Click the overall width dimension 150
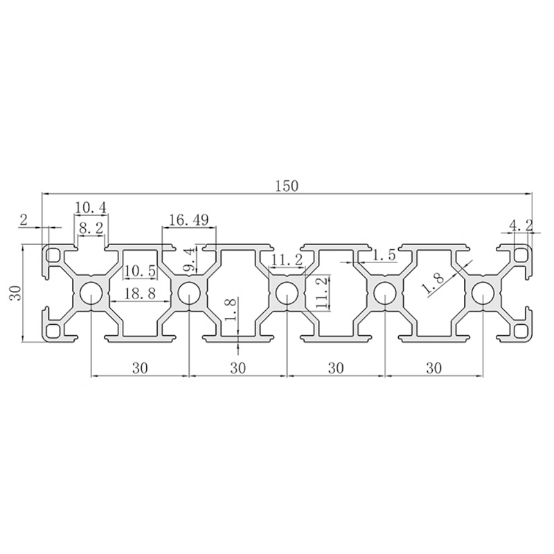tap(287, 186)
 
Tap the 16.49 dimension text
tap(188, 220)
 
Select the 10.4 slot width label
tap(91, 208)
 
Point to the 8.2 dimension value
tap(91, 229)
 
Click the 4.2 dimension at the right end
tap(521, 224)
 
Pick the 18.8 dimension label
tap(140, 293)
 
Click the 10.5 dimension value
tap(140, 271)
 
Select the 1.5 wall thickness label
tap(384, 255)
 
